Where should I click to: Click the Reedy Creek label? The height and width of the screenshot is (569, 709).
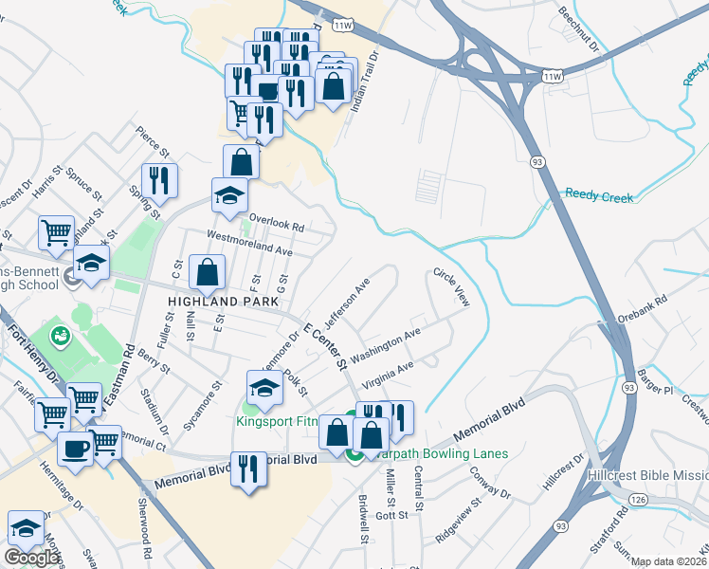[x=599, y=195]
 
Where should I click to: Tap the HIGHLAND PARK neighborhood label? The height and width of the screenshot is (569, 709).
[x=223, y=302]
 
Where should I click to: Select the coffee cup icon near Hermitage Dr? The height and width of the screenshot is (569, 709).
[x=76, y=449]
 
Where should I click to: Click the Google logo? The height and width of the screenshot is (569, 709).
[x=31, y=557]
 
